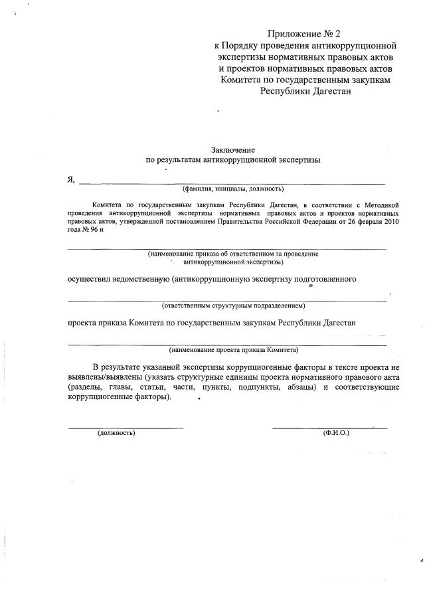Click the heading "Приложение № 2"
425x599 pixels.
point(307,33)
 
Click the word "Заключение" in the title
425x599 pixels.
point(232,150)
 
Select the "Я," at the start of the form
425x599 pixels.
point(72,179)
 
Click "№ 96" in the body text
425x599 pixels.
point(94,230)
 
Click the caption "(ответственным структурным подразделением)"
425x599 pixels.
point(233,306)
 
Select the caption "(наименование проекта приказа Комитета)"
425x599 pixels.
point(233,349)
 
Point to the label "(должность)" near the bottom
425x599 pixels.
point(116,433)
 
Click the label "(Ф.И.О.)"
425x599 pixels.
point(336,433)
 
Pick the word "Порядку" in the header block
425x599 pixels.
point(243,45)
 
